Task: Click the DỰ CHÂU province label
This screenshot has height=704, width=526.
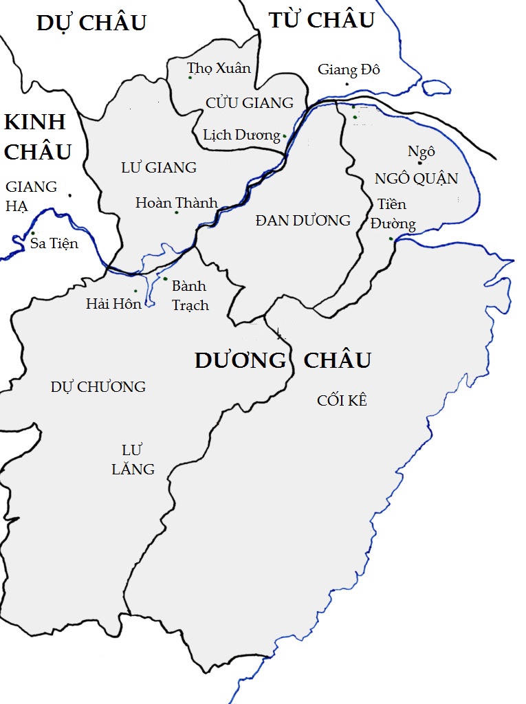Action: click(91, 23)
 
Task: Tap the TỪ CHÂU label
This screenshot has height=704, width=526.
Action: click(321, 20)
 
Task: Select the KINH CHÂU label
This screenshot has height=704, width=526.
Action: click(37, 137)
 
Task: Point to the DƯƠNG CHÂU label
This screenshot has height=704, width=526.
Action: click(283, 360)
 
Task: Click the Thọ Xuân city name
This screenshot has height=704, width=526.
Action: click(219, 68)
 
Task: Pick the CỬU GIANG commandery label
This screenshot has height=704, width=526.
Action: click(249, 103)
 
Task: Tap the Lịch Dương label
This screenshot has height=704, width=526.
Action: click(241, 135)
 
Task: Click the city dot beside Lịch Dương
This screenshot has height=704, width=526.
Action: click(285, 136)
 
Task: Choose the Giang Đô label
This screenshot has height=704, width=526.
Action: click(349, 69)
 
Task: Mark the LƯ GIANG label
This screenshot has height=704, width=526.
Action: click(158, 167)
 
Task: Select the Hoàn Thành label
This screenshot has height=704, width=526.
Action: click(176, 202)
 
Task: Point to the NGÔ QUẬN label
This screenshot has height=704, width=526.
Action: click(416, 179)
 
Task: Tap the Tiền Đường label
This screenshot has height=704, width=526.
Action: click(393, 214)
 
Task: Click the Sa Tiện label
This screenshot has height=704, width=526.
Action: click(54, 243)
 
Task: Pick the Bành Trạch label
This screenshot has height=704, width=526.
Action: click(189, 295)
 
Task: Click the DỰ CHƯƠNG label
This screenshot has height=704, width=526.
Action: click(98, 386)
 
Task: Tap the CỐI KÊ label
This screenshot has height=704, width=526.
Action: click(342, 400)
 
